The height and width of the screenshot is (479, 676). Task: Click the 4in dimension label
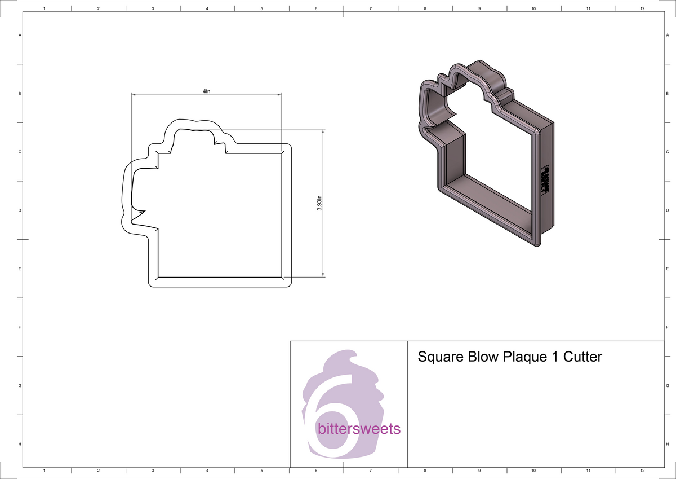point(207,91)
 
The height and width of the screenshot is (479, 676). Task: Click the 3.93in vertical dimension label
point(319,203)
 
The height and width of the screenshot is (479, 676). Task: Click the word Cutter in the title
point(581,357)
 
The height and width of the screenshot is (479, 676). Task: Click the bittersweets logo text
point(359,429)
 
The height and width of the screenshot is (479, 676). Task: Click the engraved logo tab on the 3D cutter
point(545,181)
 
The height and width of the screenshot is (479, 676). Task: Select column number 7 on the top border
point(370,9)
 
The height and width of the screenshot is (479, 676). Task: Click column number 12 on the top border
point(642,9)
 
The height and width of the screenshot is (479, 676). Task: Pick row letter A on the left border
point(20,35)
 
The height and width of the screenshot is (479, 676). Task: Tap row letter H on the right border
point(666,445)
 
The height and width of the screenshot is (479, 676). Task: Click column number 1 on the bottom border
point(44,470)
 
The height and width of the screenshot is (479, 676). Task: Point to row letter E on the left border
point(20,269)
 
